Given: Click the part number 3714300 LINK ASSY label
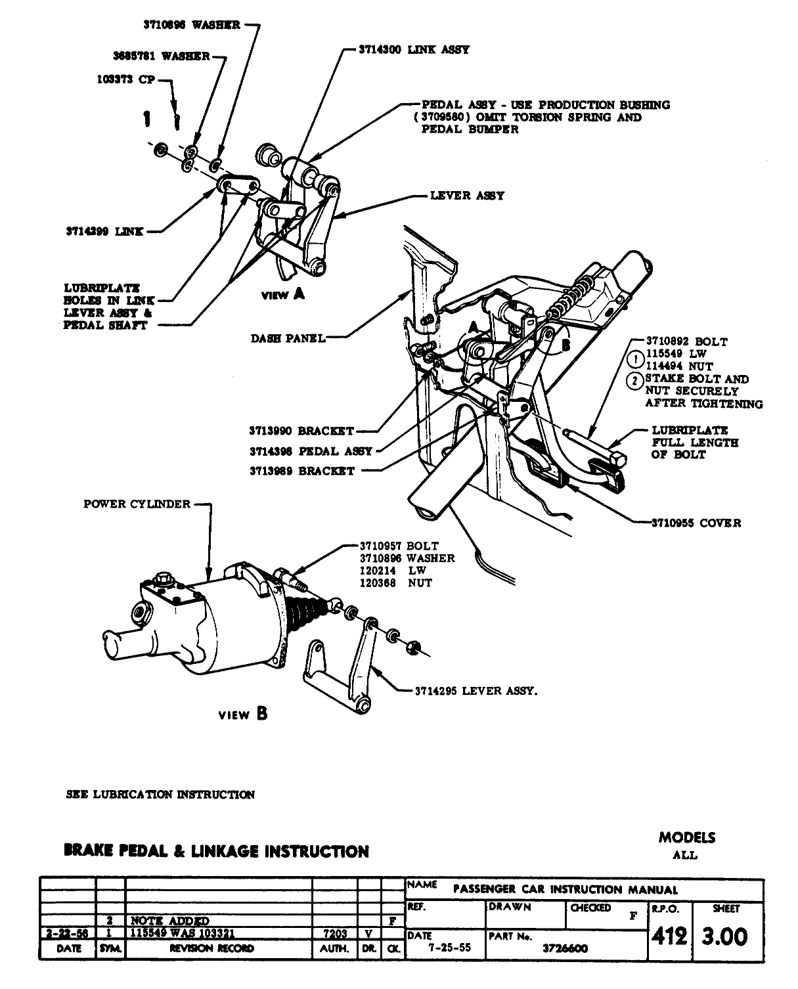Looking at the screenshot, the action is pyautogui.click(x=414, y=50).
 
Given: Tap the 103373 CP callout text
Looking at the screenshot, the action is pyautogui.click(x=126, y=79).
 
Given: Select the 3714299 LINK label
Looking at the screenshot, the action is pyautogui.click(x=105, y=231).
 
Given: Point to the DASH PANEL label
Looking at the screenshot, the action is pyautogui.click(x=288, y=339).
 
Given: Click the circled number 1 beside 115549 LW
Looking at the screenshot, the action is pyautogui.click(x=636, y=359).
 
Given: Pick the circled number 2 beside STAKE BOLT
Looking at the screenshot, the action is pyautogui.click(x=636, y=381).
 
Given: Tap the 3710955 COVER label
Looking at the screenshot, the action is pyautogui.click(x=696, y=523).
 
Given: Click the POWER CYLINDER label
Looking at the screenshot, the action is pyautogui.click(x=137, y=504).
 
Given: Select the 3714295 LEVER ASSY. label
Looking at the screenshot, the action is pyautogui.click(x=476, y=691).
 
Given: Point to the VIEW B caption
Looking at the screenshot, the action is pyautogui.click(x=243, y=714).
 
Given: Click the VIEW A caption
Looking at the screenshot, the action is pyautogui.click(x=282, y=294).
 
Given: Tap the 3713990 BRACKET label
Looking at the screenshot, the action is pyautogui.click(x=302, y=431).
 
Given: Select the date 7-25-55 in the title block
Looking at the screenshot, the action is pyautogui.click(x=449, y=948).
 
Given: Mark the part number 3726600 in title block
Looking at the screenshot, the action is pyautogui.click(x=565, y=948).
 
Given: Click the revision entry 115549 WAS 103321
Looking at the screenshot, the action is pyautogui.click(x=183, y=933).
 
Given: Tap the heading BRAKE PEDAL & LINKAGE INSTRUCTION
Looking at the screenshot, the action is pyautogui.click(x=217, y=852).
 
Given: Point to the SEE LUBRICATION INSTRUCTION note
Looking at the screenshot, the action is pyautogui.click(x=160, y=795).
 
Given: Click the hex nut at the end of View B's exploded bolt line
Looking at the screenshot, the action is pyautogui.click(x=413, y=648).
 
